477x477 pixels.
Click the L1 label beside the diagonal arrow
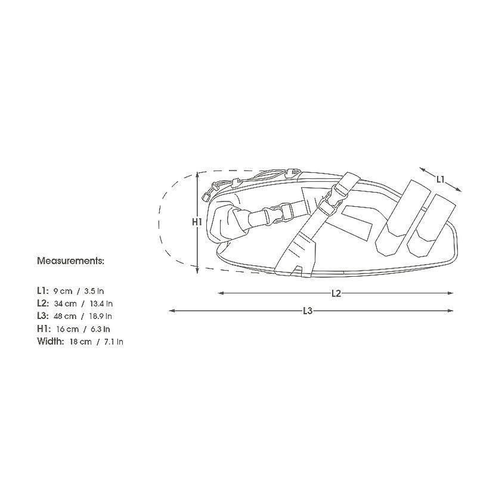[441, 179]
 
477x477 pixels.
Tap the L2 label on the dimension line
[336, 293]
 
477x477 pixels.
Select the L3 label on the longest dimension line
[308, 311]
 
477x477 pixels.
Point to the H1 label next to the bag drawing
[197, 222]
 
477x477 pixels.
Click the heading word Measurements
[70, 261]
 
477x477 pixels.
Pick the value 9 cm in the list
[63, 291]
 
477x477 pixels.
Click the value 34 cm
[66, 303]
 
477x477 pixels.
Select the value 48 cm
[65, 317]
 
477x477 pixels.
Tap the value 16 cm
[67, 329]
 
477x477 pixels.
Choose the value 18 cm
[80, 342]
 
